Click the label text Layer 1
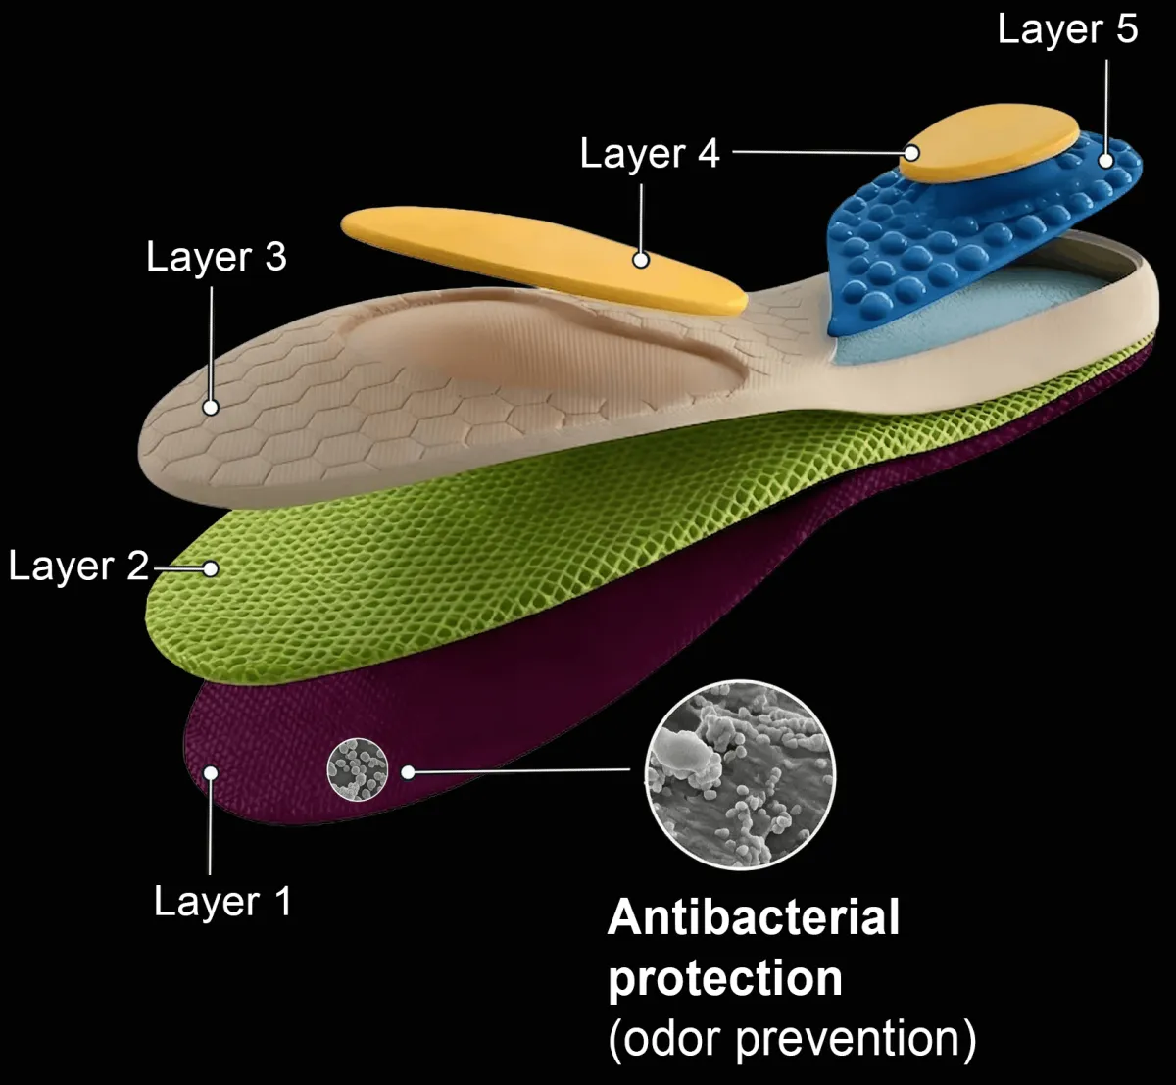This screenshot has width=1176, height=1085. pyautogui.click(x=222, y=902)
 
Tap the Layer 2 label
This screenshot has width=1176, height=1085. pyautogui.click(x=78, y=566)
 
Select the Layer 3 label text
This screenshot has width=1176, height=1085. pyautogui.click(x=216, y=257)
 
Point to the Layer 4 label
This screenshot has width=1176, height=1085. pyautogui.click(x=650, y=153)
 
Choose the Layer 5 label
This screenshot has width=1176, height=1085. pyautogui.click(x=1067, y=29)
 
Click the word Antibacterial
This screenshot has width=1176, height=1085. pyautogui.click(x=753, y=918)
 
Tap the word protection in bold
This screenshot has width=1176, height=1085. pyautogui.click(x=725, y=978)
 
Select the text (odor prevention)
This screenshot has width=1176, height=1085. pyautogui.click(x=792, y=1039)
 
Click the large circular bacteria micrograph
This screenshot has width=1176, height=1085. pyautogui.click(x=740, y=774)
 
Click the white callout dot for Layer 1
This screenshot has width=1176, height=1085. pyautogui.click(x=210, y=772)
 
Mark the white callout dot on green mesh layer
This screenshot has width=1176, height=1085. pyautogui.click(x=210, y=568)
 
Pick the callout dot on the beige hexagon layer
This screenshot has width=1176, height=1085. pyautogui.click(x=210, y=408)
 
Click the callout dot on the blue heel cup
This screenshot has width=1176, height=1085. pyautogui.click(x=1106, y=159)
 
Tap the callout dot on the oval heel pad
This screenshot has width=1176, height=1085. pyautogui.click(x=912, y=153)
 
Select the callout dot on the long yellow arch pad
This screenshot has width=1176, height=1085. pyautogui.click(x=641, y=260)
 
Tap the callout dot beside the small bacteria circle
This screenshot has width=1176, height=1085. pyautogui.click(x=409, y=772)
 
